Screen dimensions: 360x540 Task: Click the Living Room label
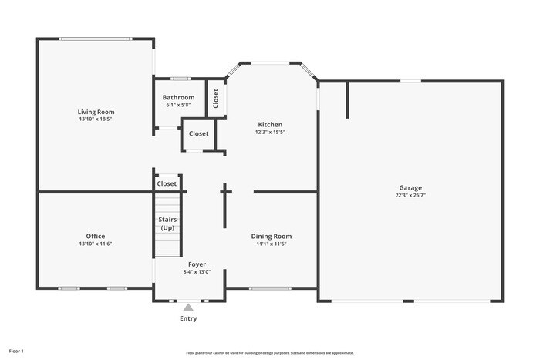pos(96,112)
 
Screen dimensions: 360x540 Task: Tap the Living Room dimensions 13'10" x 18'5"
pos(96,119)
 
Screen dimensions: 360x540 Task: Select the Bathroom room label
pos(178,97)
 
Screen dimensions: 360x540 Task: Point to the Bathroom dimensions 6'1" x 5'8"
pos(178,105)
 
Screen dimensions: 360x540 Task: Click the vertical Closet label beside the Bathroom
pos(216,98)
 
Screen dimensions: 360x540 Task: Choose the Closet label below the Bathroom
pos(199,133)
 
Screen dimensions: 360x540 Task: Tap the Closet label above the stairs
pos(167,183)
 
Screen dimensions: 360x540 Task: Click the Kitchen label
pos(270,124)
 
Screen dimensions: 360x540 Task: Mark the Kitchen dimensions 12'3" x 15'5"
pos(270,132)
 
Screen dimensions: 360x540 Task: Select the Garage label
pos(410,187)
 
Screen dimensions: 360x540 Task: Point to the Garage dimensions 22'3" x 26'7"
pos(410,195)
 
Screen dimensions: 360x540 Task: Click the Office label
pos(96,236)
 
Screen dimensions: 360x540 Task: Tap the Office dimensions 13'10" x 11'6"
pos(96,244)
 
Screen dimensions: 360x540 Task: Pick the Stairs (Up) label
pos(167,224)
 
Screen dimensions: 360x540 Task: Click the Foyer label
pos(197,264)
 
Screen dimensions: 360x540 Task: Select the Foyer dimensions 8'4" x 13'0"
pos(197,271)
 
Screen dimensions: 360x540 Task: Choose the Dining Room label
pos(272,236)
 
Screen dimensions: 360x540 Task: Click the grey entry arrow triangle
pos(188,308)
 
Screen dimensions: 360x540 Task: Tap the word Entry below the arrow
pos(188,318)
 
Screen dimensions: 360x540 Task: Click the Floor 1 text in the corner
pos(16,351)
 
